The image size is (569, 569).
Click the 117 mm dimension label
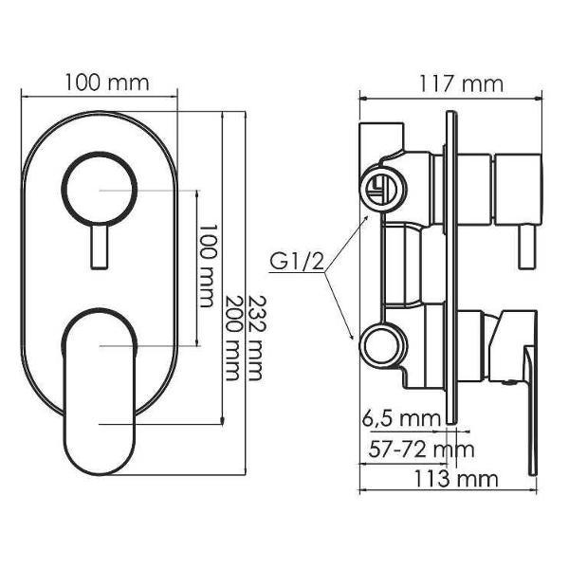point(461,84)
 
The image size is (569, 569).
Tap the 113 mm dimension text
point(456,479)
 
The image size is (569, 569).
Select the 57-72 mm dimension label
point(421,450)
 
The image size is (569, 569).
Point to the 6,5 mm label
point(401,419)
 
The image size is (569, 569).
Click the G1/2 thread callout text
point(297,261)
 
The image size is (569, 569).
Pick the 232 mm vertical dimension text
point(255,339)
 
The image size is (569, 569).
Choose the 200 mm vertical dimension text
point(233,339)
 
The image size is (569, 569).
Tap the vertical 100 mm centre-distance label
point(208,266)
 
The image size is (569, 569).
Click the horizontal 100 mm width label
point(107,83)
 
